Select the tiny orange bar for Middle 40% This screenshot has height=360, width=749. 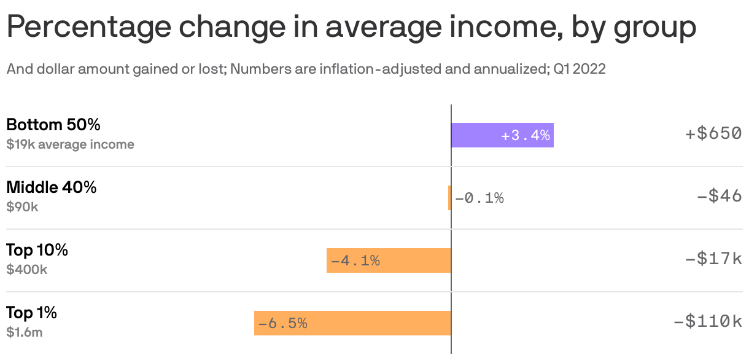tap(449, 198)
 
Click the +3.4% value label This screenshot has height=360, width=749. tap(526, 135)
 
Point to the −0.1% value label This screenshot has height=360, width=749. tap(479, 198)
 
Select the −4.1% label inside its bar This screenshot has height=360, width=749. tap(355, 260)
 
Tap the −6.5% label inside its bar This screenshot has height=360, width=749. tap(282, 323)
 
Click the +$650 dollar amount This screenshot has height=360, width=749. tap(713, 133)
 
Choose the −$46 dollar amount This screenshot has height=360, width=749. tap(720, 196)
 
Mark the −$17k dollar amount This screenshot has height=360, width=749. tap(713, 259)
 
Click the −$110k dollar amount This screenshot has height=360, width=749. tap(707, 321)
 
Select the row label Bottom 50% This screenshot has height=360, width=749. tap(53, 125)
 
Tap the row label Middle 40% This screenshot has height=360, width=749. tap(51, 187)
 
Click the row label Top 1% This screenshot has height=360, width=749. tap(31, 313)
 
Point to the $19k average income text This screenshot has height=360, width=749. tap(70, 145)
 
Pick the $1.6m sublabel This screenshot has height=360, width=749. tap(24, 332)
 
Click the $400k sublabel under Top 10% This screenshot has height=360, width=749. tap(26, 270)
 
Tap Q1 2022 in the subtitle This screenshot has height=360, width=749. tap(579, 69)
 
